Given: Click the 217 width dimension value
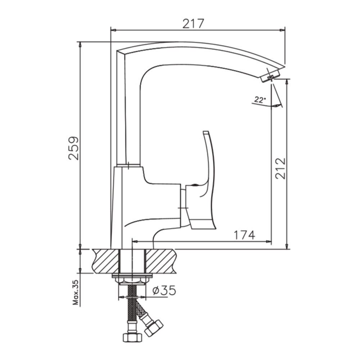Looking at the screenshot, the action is [x=193, y=23].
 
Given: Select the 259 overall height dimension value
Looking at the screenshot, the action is [x=73, y=148].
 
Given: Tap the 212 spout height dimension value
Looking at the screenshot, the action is [x=280, y=168].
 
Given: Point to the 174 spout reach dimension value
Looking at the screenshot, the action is [x=244, y=235].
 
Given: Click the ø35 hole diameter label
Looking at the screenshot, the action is [x=164, y=290].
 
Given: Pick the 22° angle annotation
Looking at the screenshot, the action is [x=260, y=100].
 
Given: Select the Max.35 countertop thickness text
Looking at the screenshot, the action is [x=76, y=292].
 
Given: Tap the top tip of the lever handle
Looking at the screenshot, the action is [x=206, y=132].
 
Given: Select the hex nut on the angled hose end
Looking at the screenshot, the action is [x=154, y=327].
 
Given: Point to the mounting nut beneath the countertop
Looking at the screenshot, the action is [x=132, y=280].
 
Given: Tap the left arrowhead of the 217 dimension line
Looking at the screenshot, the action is [x=114, y=30].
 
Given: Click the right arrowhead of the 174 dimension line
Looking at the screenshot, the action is [x=269, y=242].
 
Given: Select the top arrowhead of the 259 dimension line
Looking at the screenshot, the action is [x=80, y=45].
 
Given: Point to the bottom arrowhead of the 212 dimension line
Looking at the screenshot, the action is [x=287, y=246].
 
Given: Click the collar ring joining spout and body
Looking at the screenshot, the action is [x=128, y=166].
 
